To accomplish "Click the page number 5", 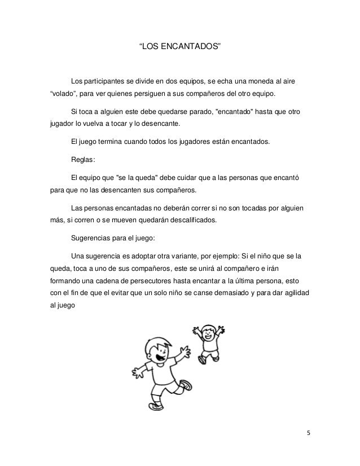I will (308, 450).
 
